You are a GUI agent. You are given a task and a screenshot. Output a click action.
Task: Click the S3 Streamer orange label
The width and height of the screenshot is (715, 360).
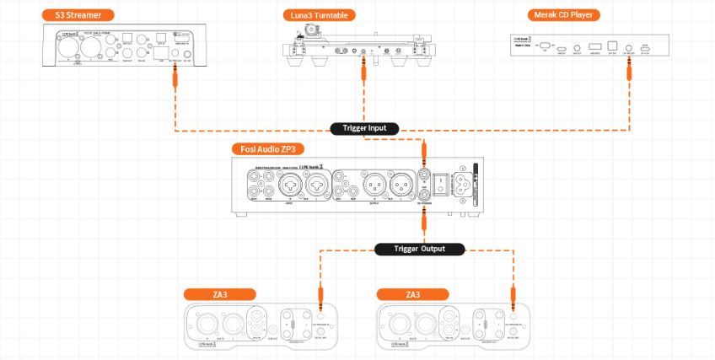click(x=78, y=15)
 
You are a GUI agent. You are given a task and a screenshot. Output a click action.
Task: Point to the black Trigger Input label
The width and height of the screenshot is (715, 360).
click(x=364, y=129)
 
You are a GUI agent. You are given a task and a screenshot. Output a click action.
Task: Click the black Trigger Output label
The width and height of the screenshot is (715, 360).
click(x=419, y=249)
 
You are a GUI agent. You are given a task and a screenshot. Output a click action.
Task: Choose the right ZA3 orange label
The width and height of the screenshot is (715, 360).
click(x=412, y=294)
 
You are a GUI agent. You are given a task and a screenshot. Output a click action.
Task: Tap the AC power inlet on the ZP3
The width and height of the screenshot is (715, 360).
click(x=464, y=186)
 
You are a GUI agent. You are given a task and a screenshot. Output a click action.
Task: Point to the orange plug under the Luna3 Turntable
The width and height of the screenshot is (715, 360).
click(x=364, y=70)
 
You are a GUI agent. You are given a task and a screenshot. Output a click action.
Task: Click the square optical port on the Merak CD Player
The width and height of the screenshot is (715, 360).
click(x=613, y=47)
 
